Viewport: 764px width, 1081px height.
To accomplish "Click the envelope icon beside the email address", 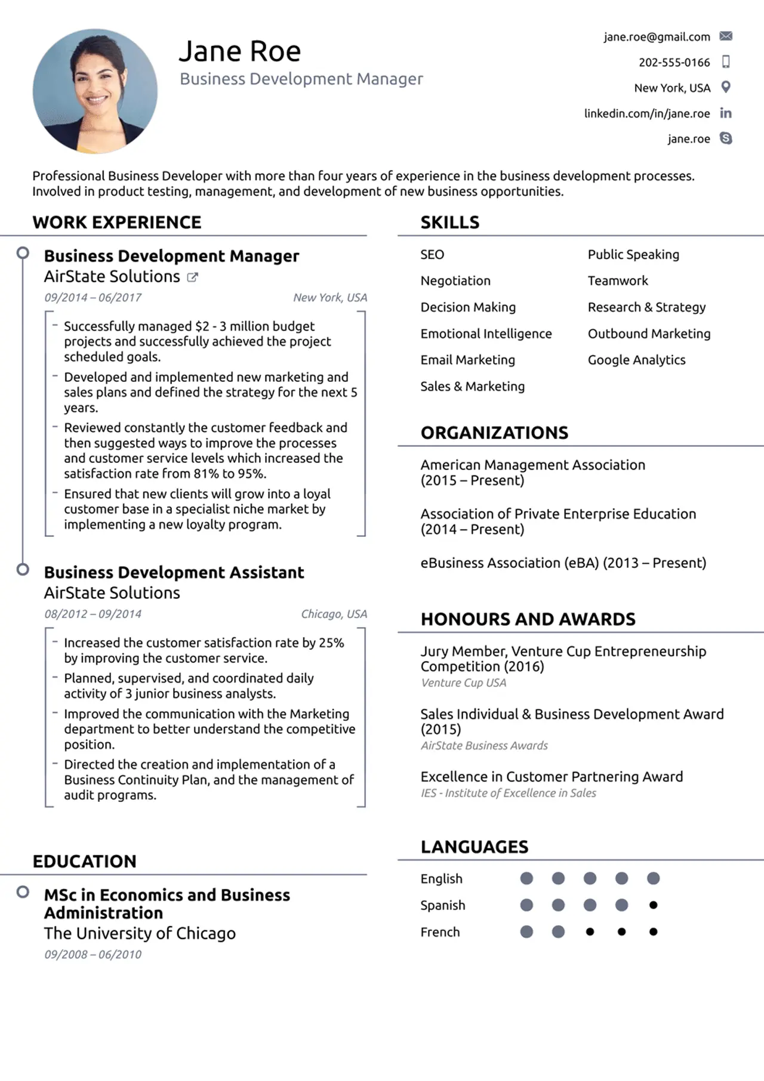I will [726, 36].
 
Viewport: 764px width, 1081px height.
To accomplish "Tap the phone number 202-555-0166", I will [674, 63].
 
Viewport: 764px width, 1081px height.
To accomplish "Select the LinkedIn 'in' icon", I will [726, 113].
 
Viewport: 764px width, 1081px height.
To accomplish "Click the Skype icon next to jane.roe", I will [726, 138].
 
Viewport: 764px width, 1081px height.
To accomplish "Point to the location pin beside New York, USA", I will [726, 87].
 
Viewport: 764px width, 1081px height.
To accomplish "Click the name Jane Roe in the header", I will [240, 51].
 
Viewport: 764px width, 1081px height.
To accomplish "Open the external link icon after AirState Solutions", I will [192, 277].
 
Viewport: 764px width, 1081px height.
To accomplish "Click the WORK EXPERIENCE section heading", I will [117, 223].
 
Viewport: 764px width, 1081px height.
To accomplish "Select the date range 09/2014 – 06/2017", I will [93, 298].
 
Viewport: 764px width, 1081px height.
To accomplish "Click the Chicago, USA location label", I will [334, 614].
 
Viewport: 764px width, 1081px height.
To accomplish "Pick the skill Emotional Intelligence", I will [486, 333].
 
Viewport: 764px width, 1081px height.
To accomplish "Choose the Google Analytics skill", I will [636, 360].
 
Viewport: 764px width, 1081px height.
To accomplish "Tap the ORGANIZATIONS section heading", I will [494, 433].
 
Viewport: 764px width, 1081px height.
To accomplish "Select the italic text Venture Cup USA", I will [463, 682].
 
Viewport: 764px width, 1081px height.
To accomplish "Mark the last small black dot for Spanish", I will [653, 905].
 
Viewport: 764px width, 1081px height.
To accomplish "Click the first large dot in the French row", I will [526, 931].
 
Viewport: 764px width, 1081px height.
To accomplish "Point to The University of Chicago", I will [140, 933].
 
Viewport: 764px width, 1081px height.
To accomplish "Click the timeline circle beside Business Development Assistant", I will [23, 569].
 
